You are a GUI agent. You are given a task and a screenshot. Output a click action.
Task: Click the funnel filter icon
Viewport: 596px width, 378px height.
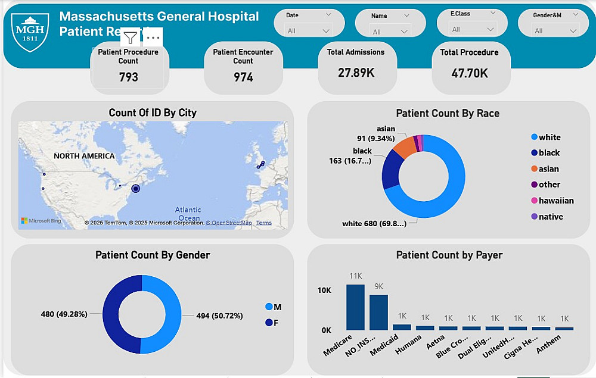tap(131, 38)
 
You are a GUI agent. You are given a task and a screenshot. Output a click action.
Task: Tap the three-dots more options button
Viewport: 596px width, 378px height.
tap(153, 38)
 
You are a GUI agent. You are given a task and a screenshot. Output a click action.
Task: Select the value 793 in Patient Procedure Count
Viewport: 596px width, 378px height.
tap(128, 77)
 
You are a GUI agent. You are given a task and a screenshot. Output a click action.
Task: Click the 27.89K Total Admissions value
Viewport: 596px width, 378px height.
tap(355, 73)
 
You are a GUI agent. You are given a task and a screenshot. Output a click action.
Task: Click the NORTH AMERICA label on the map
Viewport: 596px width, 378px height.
tap(84, 156)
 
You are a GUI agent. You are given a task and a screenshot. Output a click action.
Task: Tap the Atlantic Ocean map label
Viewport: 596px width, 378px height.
tap(188, 214)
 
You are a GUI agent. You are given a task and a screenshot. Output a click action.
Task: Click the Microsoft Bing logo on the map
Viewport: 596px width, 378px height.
tap(41, 221)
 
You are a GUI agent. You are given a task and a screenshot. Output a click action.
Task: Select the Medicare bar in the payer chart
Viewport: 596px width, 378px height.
tap(355, 307)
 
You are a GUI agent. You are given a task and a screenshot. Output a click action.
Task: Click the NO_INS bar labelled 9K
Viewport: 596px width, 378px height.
tap(378, 312)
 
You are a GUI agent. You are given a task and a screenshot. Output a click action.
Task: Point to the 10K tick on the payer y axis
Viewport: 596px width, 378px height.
tap(324, 290)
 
